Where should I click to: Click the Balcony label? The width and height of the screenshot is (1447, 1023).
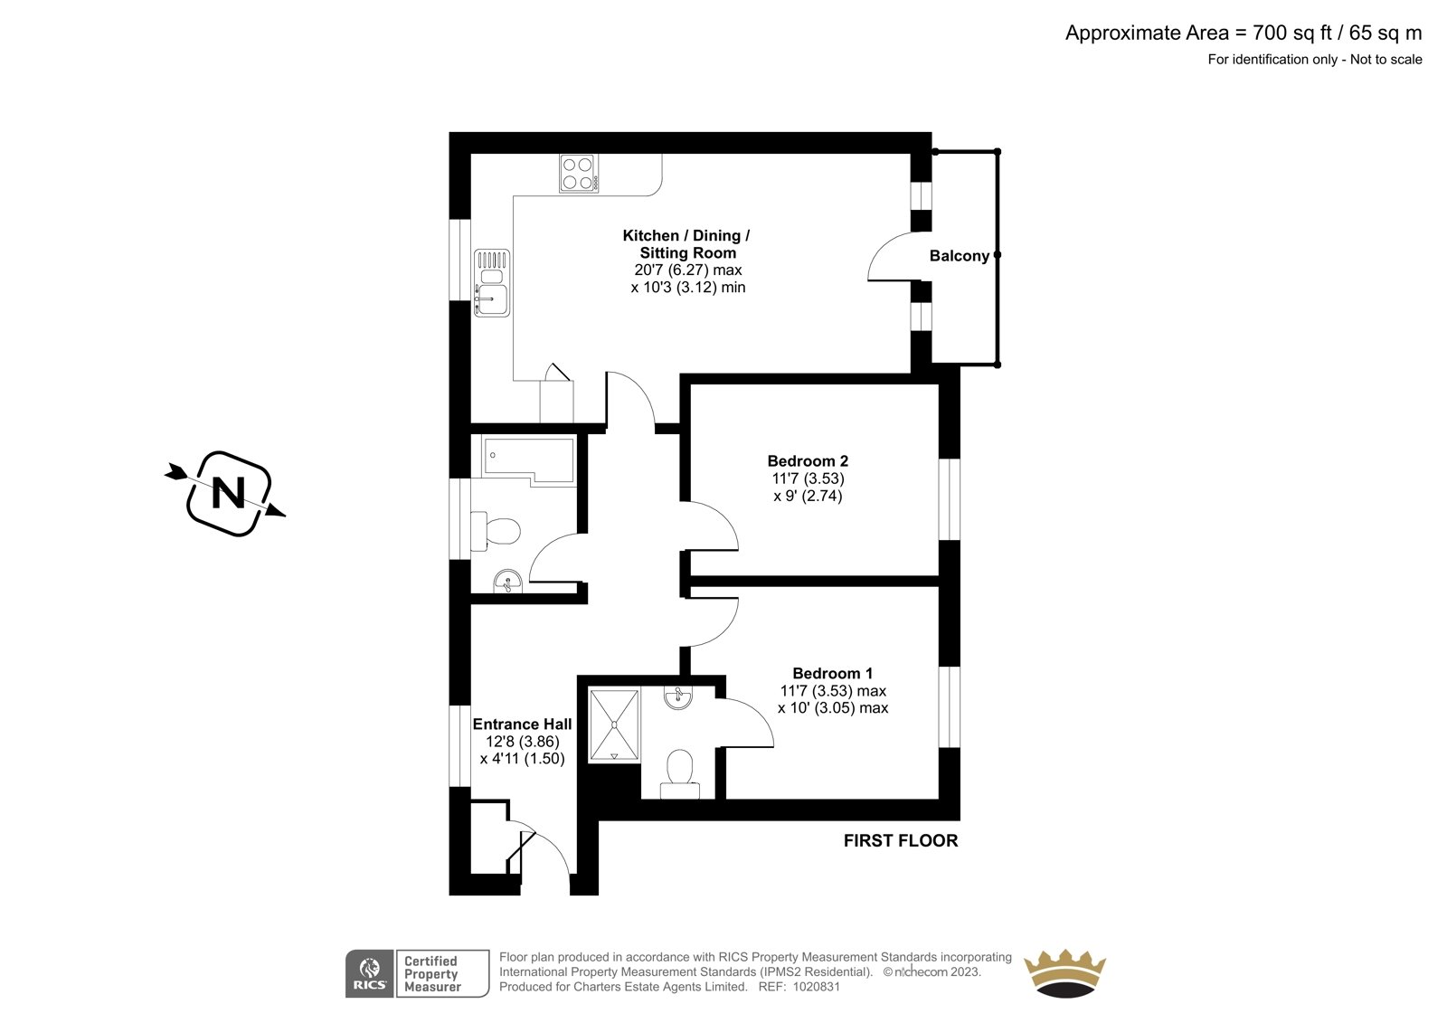960,256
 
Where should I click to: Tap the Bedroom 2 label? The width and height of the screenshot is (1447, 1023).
808,460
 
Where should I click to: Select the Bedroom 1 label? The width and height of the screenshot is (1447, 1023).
833,673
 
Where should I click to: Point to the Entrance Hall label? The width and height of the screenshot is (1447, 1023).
522,724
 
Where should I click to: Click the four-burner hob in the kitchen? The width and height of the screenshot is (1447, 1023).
579,173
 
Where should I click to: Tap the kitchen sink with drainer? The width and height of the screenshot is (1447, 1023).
492,283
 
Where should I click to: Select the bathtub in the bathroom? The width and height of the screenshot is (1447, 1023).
528,461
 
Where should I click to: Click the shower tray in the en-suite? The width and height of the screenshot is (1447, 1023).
614,725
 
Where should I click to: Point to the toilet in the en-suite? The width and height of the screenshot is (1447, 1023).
679,774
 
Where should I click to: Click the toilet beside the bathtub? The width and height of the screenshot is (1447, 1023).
496,531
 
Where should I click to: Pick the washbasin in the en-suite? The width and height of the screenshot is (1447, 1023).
678,698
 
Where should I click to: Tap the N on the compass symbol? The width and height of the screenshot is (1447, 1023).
229,494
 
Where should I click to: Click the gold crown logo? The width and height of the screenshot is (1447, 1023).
1065,973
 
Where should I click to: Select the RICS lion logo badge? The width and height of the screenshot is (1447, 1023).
370,973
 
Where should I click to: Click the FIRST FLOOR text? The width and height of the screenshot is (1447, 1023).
901,841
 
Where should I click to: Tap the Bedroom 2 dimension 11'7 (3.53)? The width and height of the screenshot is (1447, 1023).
808,478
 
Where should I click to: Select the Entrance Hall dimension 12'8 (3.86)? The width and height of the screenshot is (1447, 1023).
522,741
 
